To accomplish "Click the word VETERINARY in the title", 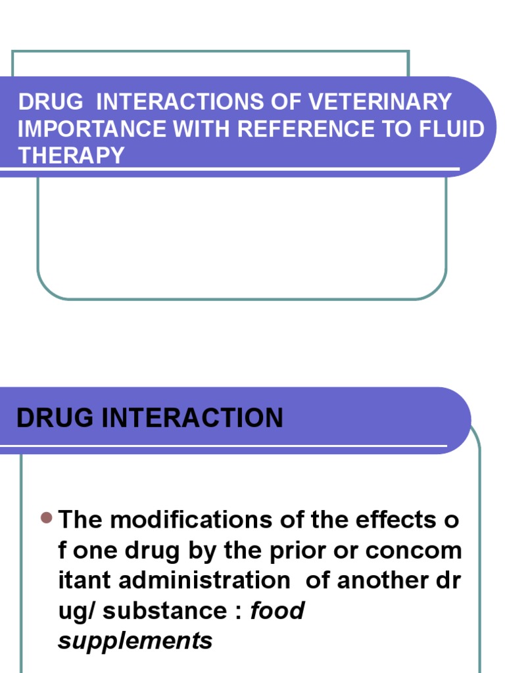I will click(x=381, y=102).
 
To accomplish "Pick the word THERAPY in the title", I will click(x=71, y=156).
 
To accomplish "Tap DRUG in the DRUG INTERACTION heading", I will click(x=52, y=418).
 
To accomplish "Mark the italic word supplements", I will click(x=135, y=641).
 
